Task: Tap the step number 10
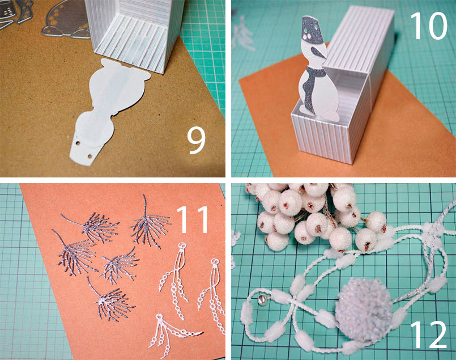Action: click(428, 26)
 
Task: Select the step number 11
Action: click(193, 219)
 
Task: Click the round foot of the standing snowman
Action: click(334, 117)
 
